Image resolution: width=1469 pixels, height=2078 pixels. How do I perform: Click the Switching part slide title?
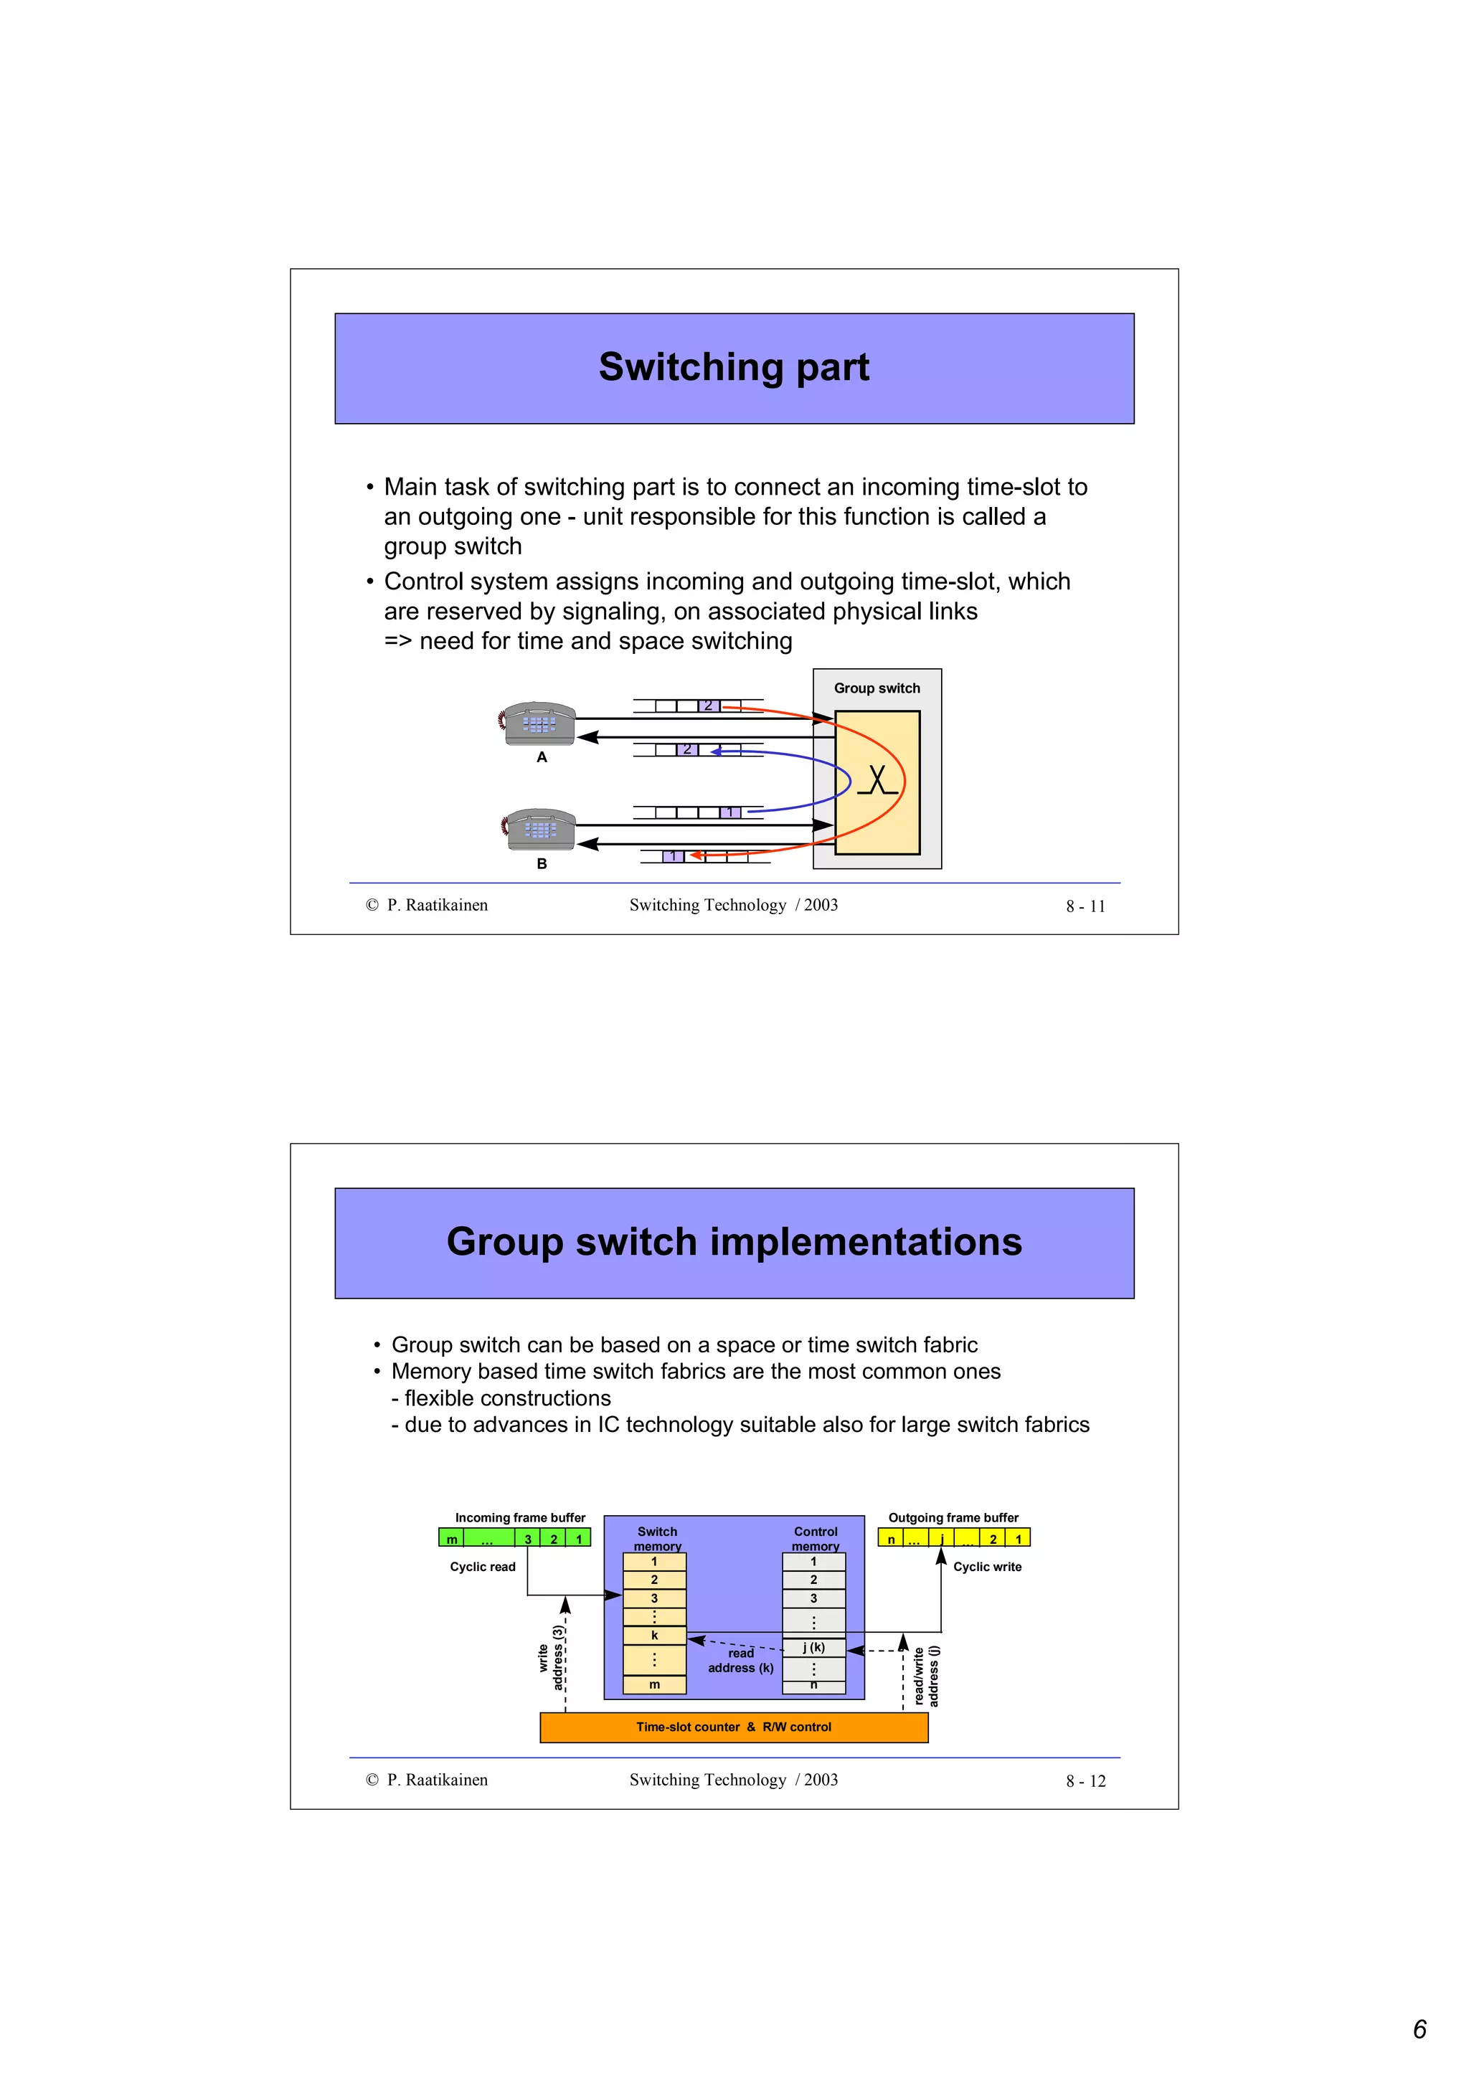tap(733, 367)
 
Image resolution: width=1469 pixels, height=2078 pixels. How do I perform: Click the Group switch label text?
tap(876, 688)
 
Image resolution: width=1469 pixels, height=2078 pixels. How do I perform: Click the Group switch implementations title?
tap(733, 1242)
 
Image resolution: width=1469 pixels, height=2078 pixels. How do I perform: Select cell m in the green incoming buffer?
tap(450, 1539)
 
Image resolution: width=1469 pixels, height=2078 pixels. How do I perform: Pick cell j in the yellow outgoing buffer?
tap(941, 1539)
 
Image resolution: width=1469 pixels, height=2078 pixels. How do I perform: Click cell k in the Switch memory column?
tap(653, 1636)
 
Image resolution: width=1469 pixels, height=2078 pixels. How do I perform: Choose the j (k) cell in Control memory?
tap(813, 1647)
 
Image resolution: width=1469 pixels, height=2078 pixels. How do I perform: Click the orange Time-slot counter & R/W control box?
tap(733, 1727)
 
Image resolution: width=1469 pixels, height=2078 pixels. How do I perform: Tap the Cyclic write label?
tap(986, 1567)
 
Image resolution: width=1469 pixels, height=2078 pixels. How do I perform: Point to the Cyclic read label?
tap(483, 1567)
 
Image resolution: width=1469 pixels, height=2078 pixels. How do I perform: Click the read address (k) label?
tap(740, 1661)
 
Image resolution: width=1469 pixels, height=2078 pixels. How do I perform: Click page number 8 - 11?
tap(1085, 906)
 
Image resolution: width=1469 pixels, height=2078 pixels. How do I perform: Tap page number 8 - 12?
tap(1085, 1781)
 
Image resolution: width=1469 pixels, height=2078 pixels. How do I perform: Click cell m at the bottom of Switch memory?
tap(653, 1684)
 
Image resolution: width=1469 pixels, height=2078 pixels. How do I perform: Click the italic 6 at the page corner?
tap(1420, 2029)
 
